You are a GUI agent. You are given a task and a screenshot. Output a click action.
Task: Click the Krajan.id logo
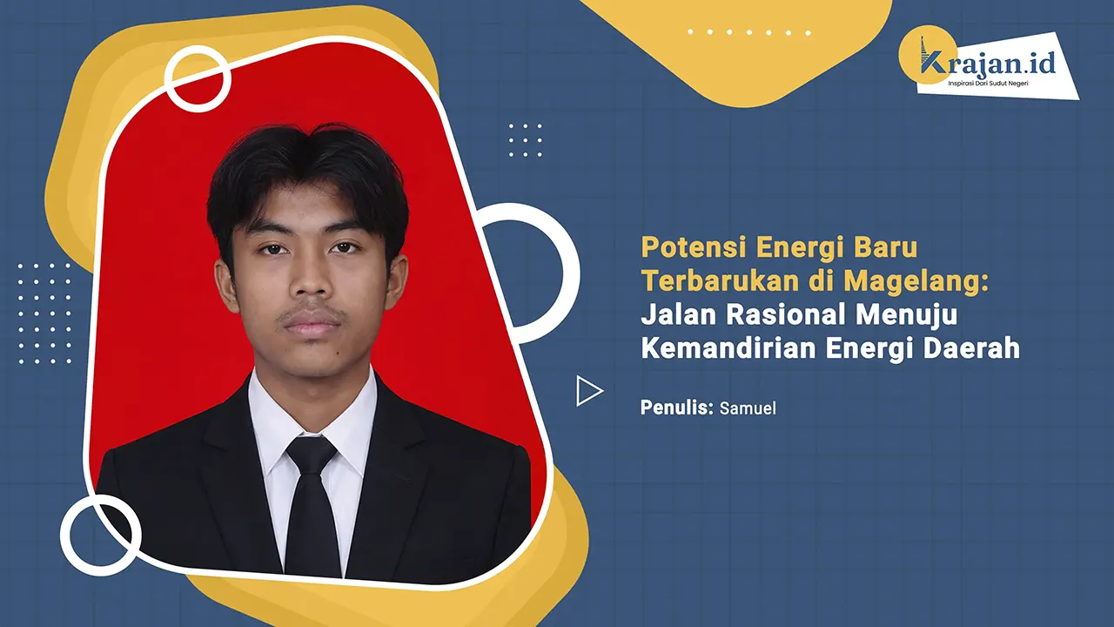988,63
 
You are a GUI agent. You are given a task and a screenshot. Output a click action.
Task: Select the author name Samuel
748,408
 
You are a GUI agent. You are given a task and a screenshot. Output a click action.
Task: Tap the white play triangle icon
589,391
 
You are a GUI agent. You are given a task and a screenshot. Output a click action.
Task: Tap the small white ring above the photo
198,78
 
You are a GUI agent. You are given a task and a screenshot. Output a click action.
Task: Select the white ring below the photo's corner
101,534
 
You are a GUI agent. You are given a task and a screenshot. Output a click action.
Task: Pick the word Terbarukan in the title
706,281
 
